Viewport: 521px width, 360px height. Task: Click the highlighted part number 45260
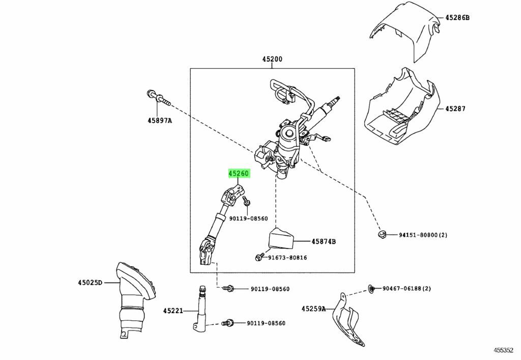238,174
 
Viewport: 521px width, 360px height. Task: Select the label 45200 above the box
272,59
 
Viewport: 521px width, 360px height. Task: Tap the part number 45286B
457,17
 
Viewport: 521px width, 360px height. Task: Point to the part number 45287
455,108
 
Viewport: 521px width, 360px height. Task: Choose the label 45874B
324,241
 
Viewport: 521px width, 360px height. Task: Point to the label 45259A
313,308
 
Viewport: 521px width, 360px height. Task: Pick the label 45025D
90,282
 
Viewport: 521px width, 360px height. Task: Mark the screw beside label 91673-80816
259,258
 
